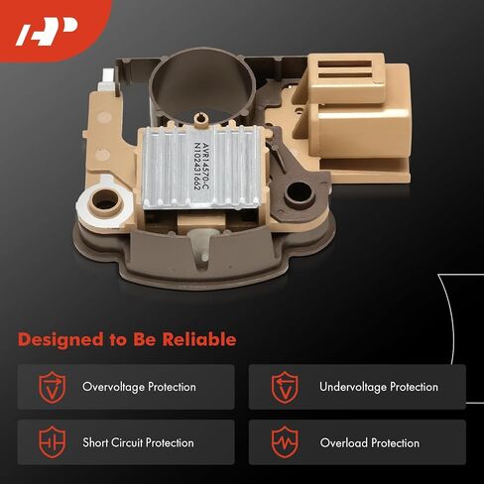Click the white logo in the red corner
pos(47,32)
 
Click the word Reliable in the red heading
pos(199,339)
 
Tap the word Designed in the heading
pos(60,340)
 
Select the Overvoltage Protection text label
pos(139,387)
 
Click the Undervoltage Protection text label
pos(379,387)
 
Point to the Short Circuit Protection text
pos(138,442)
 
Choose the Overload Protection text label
pos(370,442)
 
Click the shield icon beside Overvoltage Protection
pos(53,387)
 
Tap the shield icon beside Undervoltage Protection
pos(285,387)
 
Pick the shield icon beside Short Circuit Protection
pos(53,442)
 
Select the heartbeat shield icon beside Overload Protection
pos(285,442)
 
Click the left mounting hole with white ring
pos(106,202)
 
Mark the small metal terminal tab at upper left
pos(107,79)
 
